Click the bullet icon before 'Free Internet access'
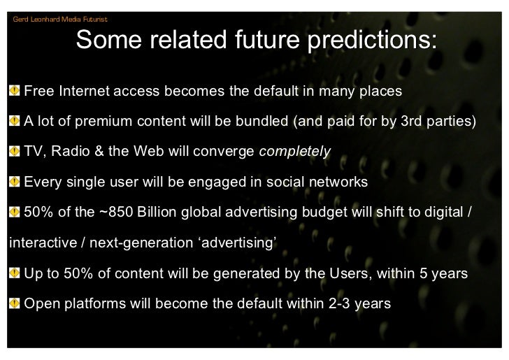[x=15, y=92]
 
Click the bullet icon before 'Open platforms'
[x=15, y=304]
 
